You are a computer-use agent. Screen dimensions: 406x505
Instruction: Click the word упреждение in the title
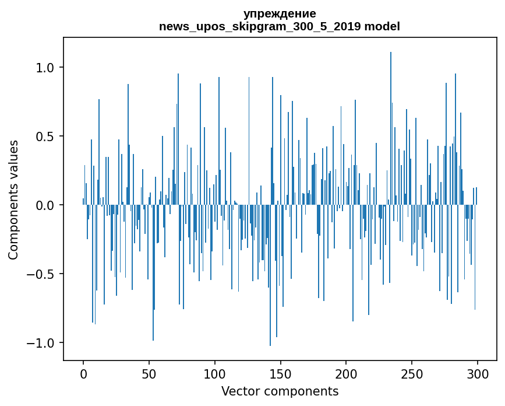pyautogui.click(x=280, y=13)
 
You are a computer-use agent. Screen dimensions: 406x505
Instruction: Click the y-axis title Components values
pyautogui.click(x=13, y=199)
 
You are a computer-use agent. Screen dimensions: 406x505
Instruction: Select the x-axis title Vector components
pyautogui.click(x=280, y=391)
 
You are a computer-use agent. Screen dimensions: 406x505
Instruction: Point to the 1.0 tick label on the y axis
pyautogui.click(x=45, y=68)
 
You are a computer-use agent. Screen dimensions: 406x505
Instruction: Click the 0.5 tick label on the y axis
pyautogui.click(x=45, y=136)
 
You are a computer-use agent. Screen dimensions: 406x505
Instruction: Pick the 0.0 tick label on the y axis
pyautogui.click(x=45, y=205)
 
